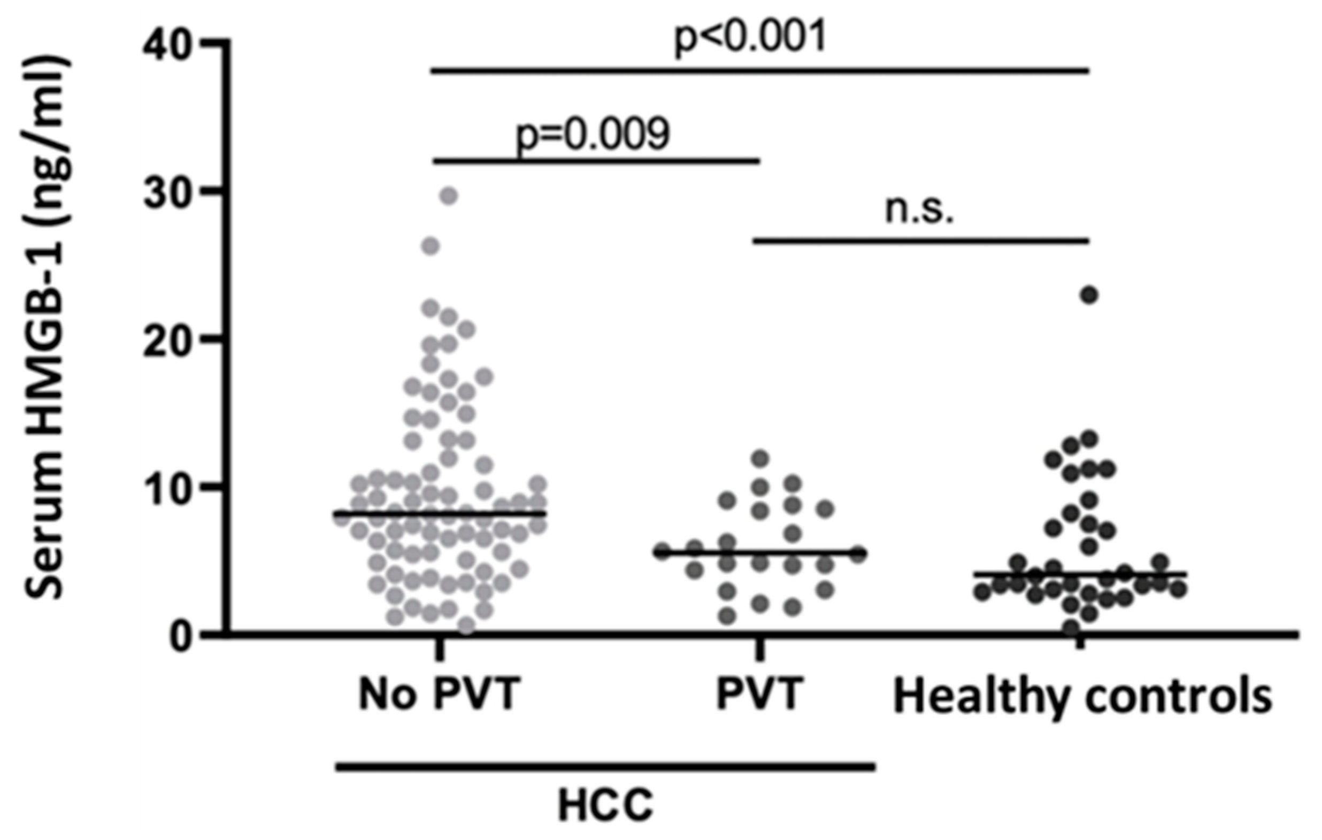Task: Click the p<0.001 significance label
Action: [x=749, y=38]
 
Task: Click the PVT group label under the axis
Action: [x=760, y=695]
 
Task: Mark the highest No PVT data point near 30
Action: [x=449, y=196]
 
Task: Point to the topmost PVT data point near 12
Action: [x=760, y=458]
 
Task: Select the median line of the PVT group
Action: [x=760, y=552]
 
